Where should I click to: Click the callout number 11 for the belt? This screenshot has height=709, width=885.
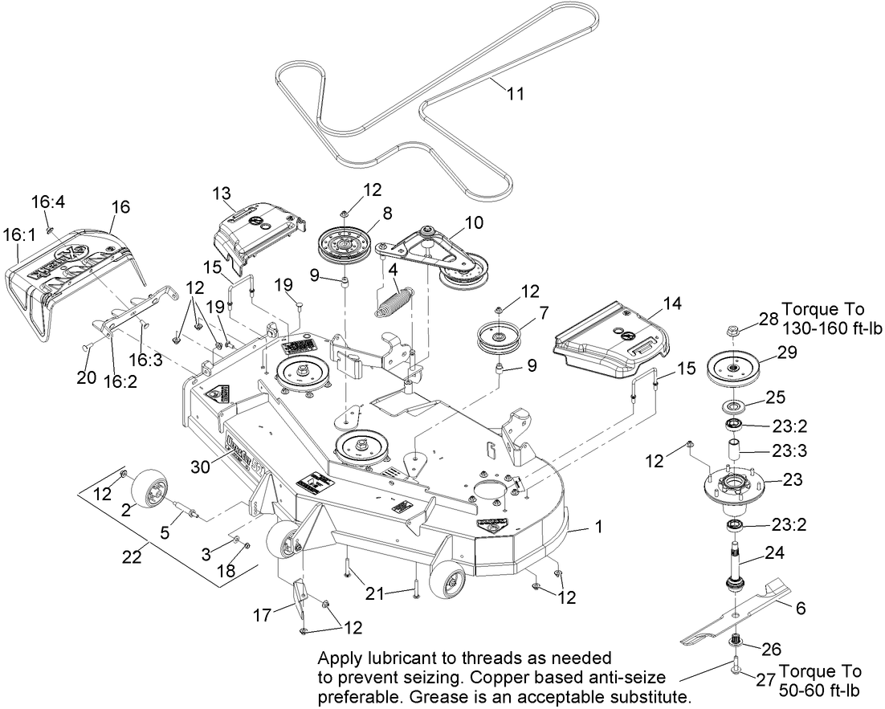click(x=515, y=94)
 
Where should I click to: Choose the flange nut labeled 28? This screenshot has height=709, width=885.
click(x=734, y=329)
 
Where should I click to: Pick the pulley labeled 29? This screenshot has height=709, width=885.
click(x=733, y=367)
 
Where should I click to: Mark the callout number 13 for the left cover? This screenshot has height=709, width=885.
click(x=222, y=193)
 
